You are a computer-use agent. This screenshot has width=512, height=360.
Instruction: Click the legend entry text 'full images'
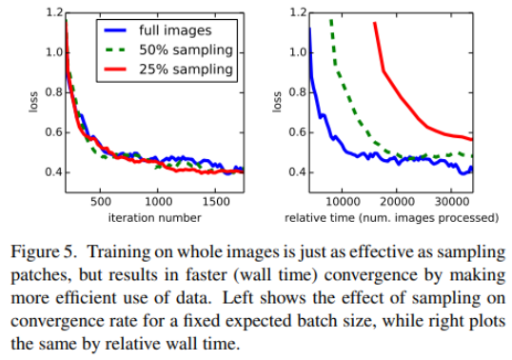pyautogui.click(x=175, y=30)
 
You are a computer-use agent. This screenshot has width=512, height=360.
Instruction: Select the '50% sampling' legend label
pyautogui.click(x=186, y=50)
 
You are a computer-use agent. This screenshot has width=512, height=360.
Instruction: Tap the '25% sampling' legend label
pyautogui.click(x=186, y=70)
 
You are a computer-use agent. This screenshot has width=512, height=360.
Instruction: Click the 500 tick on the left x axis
pyautogui.click(x=101, y=202)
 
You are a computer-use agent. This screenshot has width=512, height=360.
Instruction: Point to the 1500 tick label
pyautogui.click(x=216, y=202)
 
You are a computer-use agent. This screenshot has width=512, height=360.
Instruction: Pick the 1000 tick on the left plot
pyautogui.click(x=158, y=202)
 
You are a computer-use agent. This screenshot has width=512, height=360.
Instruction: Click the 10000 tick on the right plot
pyautogui.click(x=343, y=202)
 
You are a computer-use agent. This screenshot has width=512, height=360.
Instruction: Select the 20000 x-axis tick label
pyautogui.click(x=397, y=202)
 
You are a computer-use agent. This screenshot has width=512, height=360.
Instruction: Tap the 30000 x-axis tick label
pyautogui.click(x=452, y=202)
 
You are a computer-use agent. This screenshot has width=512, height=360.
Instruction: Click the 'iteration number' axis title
pyautogui.click(x=154, y=217)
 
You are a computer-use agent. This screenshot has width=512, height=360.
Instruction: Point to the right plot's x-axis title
pyautogui.click(x=391, y=218)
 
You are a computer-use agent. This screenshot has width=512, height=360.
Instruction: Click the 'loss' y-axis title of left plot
pyautogui.click(x=33, y=102)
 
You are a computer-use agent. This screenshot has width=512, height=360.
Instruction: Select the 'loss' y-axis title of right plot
pyautogui.click(x=277, y=102)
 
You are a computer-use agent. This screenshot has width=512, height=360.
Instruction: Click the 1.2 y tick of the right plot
pyautogui.click(x=299, y=12)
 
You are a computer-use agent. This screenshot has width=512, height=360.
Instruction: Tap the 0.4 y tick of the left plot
pyautogui.click(x=54, y=172)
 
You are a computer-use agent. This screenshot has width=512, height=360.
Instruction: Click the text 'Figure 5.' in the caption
pyautogui.click(x=45, y=252)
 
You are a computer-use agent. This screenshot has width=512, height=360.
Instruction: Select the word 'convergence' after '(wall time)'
pyautogui.click(x=371, y=275)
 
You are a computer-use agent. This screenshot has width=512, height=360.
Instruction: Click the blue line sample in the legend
pyautogui.click(x=115, y=30)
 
